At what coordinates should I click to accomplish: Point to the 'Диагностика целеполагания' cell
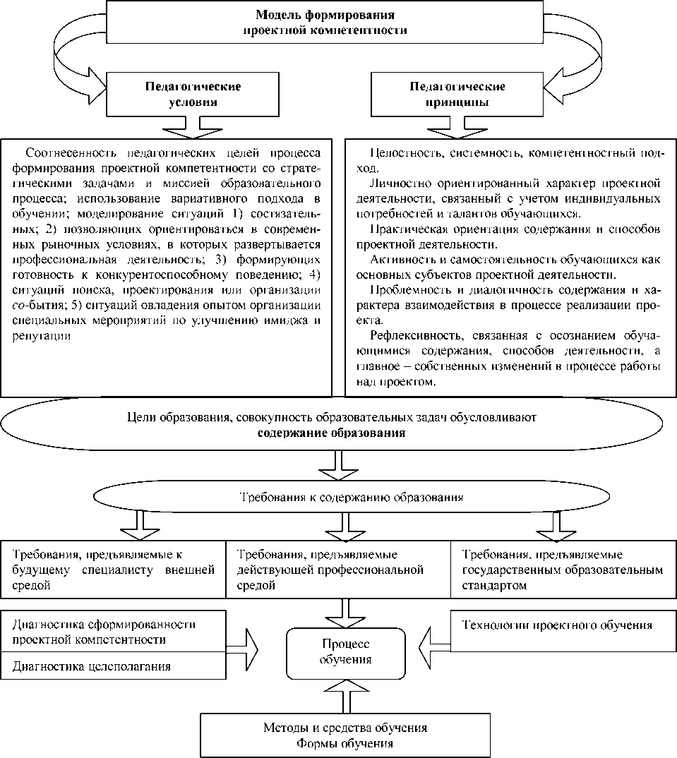(x=113, y=666)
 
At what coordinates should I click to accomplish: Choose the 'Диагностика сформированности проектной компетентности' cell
(x=113, y=632)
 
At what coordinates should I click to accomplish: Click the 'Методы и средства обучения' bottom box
(x=345, y=735)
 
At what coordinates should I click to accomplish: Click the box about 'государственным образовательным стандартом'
(x=563, y=570)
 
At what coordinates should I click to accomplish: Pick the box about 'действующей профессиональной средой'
(x=337, y=570)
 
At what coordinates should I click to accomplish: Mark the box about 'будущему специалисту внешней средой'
(x=113, y=570)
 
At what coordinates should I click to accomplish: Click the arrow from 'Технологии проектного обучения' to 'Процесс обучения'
(x=433, y=644)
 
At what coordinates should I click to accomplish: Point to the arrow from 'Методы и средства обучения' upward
(x=345, y=695)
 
